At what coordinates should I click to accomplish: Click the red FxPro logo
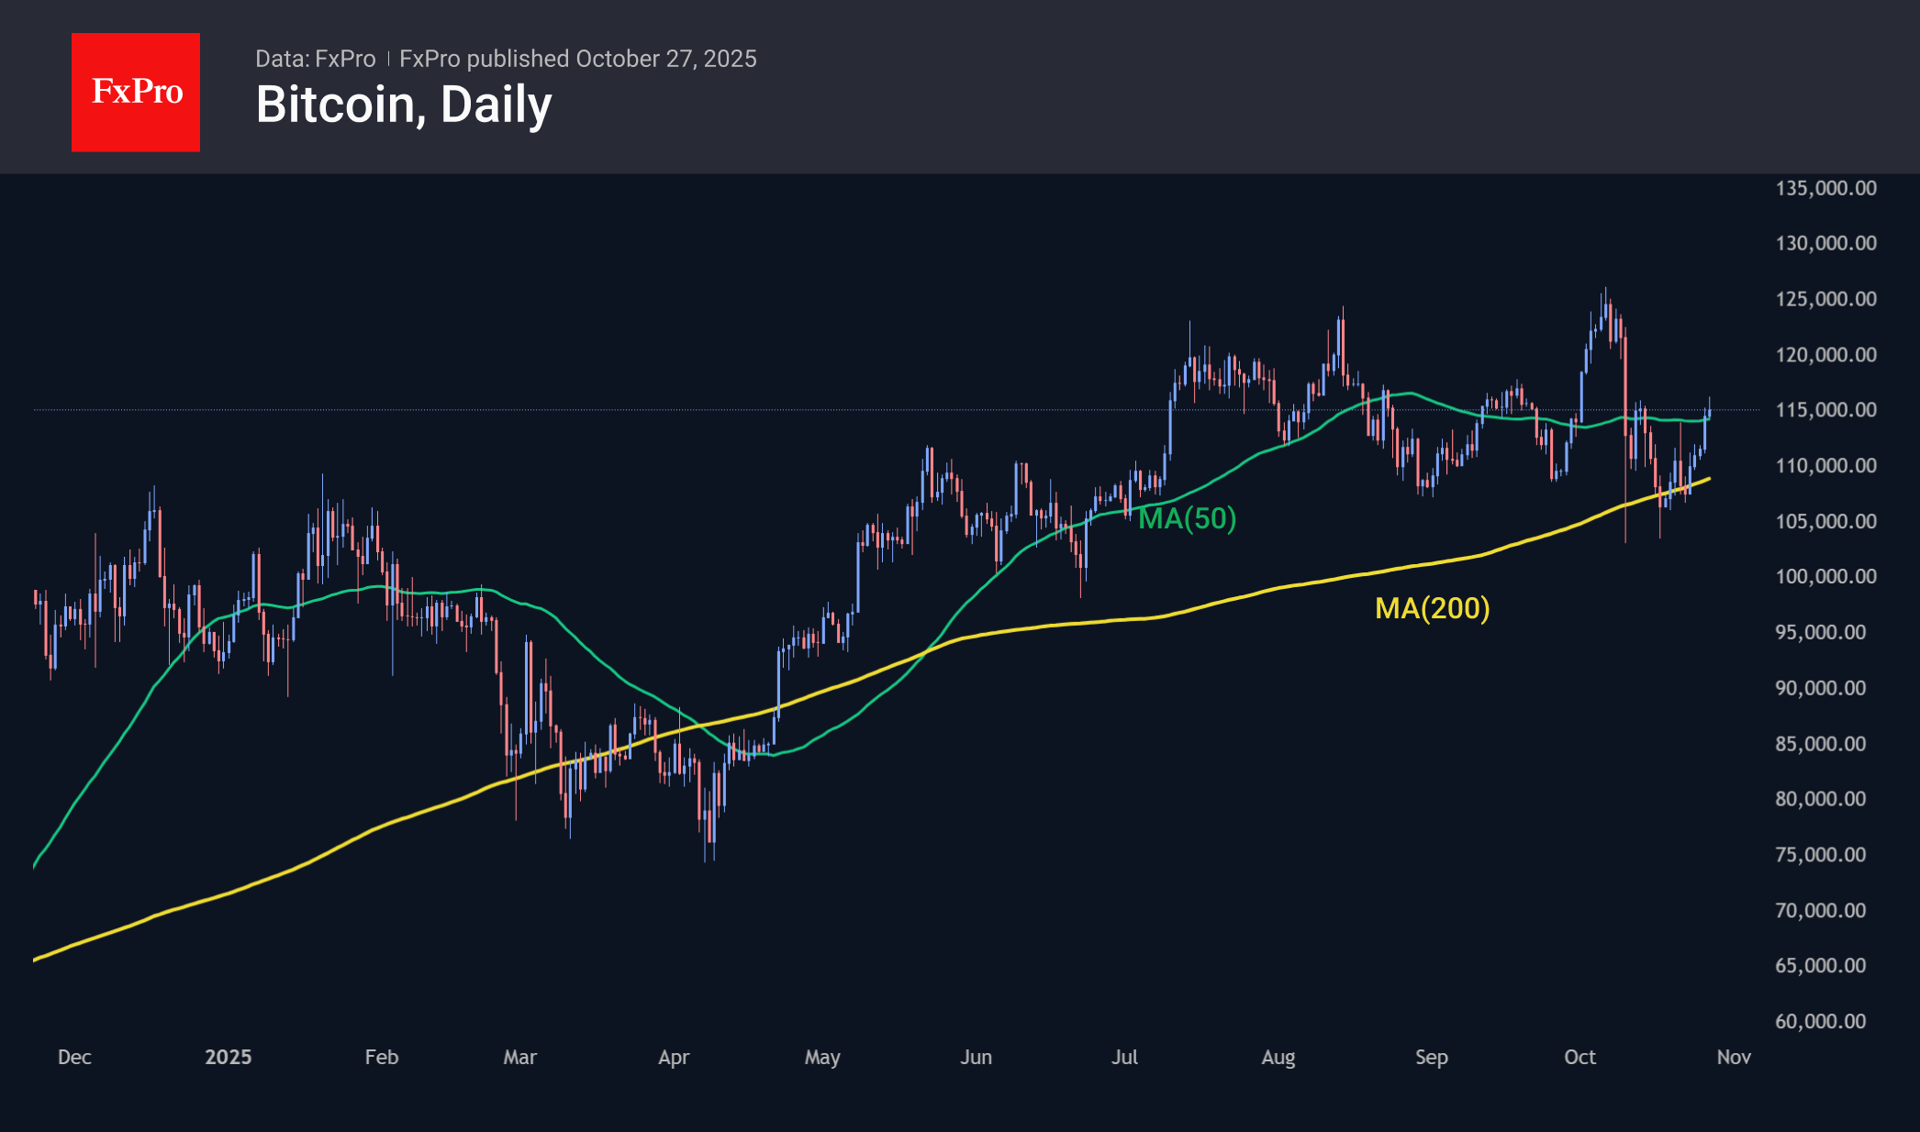136,92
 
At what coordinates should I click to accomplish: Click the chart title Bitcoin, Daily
404,105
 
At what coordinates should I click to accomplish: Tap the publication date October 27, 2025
666,59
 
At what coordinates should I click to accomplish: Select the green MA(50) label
1187,518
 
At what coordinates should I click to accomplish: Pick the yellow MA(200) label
1432,607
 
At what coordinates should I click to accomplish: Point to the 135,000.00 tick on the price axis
1825,188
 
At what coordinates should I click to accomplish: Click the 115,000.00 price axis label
1825,410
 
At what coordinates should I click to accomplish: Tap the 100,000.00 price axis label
1825,577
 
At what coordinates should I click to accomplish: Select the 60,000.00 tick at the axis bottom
1820,1021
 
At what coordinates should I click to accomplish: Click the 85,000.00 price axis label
1820,744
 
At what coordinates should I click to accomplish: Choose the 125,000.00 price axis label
1825,299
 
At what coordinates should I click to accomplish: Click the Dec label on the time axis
74,1057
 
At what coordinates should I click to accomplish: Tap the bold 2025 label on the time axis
228,1057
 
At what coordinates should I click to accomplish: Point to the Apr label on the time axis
674,1057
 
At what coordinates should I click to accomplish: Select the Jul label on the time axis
1124,1057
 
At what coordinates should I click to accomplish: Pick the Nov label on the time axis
1734,1057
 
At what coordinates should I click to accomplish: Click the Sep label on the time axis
1431,1057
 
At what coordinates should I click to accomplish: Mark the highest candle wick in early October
1605,290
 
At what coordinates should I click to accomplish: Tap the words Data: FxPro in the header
315,59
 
